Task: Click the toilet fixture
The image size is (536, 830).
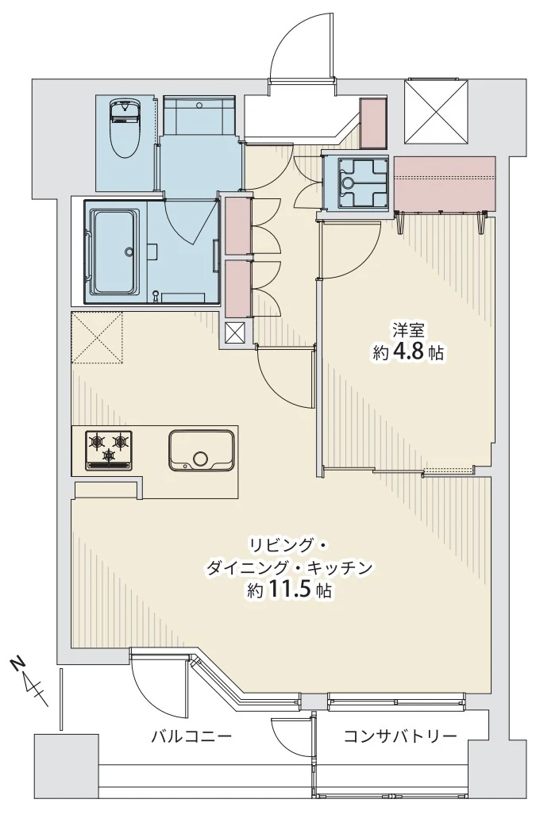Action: coord(125,128)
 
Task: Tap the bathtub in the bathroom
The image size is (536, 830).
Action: coord(114,252)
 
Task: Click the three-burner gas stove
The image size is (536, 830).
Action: coord(109,451)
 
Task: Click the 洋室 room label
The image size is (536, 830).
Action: coord(408,331)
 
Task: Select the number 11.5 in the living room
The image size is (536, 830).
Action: coord(290,589)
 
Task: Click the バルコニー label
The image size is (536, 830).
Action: coord(191,736)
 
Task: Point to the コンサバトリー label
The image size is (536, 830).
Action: coord(400,736)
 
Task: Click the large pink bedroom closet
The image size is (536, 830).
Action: coord(445,183)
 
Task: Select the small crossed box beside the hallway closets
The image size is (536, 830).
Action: coord(235,333)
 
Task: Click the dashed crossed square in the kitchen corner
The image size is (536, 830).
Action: coord(97,338)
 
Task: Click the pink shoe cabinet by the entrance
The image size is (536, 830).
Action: coord(373,123)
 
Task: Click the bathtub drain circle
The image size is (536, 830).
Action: coord(128,252)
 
